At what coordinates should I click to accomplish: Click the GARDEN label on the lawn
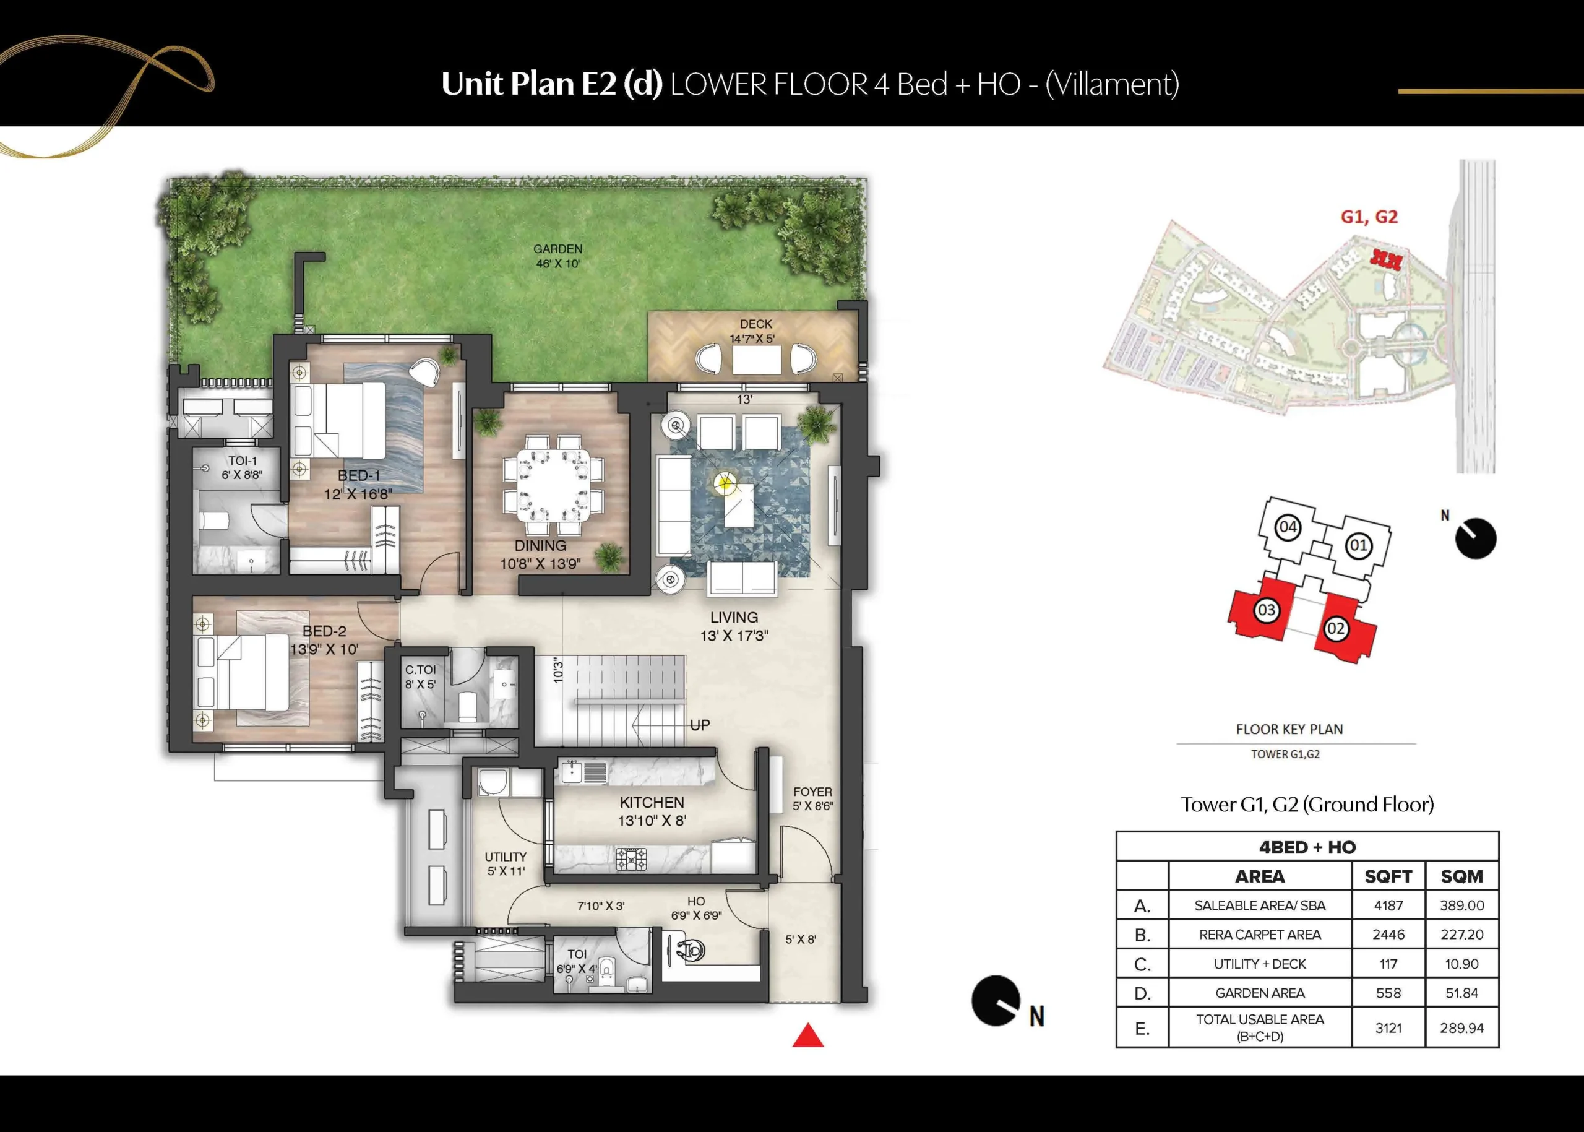557,249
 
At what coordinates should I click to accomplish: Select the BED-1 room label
359,475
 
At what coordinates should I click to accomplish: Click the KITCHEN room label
652,802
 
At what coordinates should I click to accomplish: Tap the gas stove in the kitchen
631,859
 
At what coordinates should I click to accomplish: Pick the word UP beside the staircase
700,725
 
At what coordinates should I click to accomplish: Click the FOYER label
812,792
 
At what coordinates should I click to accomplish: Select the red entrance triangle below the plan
807,1036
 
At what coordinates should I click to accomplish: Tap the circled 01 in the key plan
1358,545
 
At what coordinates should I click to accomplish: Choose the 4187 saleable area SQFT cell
1388,905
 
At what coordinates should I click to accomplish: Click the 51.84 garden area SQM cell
1461,993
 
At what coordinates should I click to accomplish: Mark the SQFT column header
1388,876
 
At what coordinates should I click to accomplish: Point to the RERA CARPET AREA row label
1260,935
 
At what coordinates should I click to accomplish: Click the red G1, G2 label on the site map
1369,217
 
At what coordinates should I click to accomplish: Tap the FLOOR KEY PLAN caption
1289,729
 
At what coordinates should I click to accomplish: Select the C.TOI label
420,669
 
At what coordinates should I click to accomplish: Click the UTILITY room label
506,857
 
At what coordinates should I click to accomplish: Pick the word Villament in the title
1113,84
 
